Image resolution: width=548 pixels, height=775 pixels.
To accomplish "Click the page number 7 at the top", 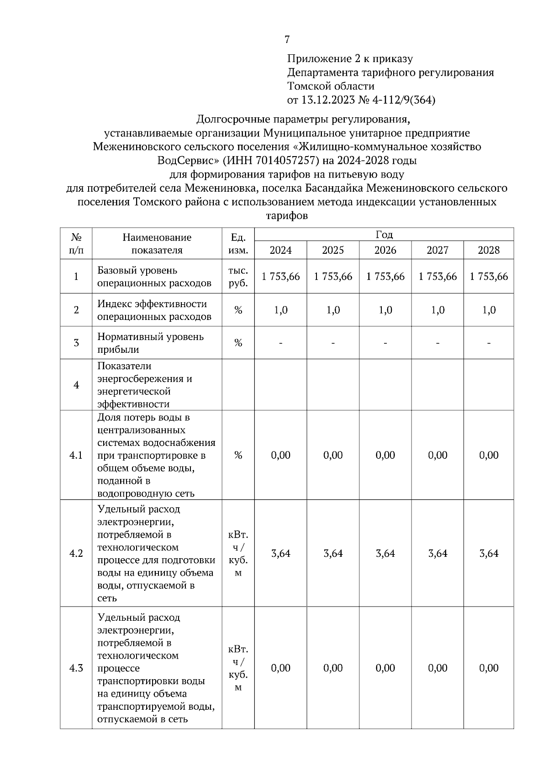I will pos(287,40).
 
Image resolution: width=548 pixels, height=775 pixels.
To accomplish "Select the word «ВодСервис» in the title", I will pos(187,161).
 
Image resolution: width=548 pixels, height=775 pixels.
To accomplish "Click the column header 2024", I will pos(280,250).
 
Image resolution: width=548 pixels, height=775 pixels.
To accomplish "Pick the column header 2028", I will pos(489,250).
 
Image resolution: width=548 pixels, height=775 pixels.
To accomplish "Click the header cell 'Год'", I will pos(384,235).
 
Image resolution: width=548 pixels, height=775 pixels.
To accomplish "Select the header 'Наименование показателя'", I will pos(157,244).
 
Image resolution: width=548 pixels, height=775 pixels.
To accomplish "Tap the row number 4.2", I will pos(76,554).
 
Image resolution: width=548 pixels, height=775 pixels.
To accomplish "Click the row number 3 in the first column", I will pos(76,343).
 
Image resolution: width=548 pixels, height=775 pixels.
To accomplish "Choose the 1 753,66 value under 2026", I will pos(385,277).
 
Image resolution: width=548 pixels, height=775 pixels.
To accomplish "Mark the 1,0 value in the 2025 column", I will pos(333,310).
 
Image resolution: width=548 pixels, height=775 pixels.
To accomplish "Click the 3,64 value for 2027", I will pos(437,554).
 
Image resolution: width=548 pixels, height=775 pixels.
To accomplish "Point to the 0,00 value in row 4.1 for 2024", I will pos(280,456).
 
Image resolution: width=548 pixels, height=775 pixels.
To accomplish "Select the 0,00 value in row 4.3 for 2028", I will pos(489,668).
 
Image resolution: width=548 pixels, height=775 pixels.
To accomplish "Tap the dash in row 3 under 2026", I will pos(385,343).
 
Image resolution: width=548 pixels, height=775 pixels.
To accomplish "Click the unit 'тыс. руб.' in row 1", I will pos(238,277).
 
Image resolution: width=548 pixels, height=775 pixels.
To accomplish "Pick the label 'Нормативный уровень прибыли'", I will pos(151,343).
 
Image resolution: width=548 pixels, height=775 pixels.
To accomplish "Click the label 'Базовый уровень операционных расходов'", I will pos(154,277).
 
